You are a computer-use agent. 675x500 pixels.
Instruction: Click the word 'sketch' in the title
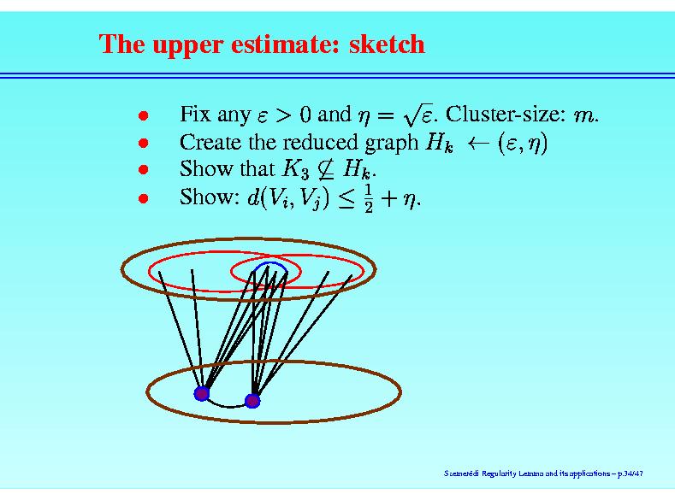pos(387,44)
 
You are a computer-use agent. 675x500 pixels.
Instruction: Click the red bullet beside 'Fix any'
pos(144,115)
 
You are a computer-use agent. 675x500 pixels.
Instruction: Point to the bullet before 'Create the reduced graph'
pos(144,143)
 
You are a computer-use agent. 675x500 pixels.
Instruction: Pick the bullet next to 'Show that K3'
pos(144,169)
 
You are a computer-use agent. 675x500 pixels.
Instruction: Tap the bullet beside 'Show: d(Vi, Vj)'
pos(144,198)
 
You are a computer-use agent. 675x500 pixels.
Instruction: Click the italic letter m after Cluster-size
pos(583,116)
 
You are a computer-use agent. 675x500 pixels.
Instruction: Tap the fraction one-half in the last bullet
pos(369,198)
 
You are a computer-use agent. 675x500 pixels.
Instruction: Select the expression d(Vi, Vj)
pos(288,198)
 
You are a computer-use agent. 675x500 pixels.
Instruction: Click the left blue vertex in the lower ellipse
pos(201,393)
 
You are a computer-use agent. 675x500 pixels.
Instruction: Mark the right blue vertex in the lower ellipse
pos(252,401)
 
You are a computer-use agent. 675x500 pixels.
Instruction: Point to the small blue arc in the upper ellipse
pos(270,263)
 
